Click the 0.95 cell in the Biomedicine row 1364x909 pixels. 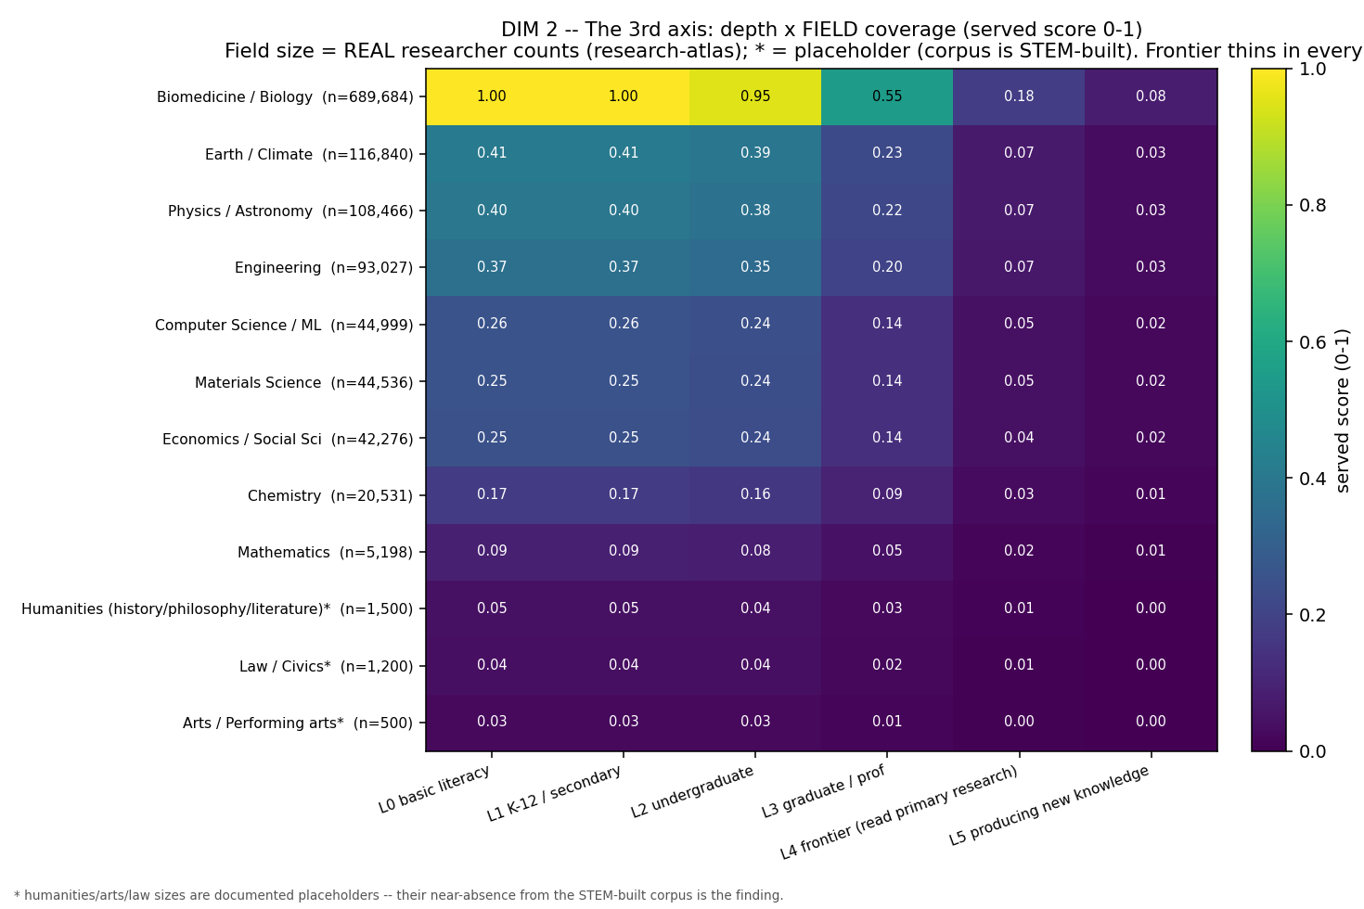tap(755, 96)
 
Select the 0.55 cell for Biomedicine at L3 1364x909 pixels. tap(887, 96)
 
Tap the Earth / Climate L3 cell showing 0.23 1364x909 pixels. tap(887, 153)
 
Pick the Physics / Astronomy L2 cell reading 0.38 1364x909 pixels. tap(755, 210)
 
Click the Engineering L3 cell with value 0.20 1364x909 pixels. tap(887, 267)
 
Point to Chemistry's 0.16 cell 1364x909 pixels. tap(755, 494)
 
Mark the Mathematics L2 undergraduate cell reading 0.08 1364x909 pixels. tap(755, 551)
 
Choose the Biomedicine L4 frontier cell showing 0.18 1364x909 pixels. tap(1019, 96)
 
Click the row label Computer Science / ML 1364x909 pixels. tap(284, 326)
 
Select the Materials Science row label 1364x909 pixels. tap(303, 382)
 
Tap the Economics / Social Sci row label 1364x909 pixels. tap(288, 439)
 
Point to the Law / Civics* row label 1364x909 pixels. tap(326, 667)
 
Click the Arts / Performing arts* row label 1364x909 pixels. tap(298, 723)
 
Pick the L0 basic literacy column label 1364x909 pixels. tap(434, 789)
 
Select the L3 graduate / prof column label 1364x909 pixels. tap(823, 791)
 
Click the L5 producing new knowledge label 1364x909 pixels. tap(1049, 805)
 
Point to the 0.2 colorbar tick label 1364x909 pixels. tap(1312, 615)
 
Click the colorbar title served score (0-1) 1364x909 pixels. tap(1343, 410)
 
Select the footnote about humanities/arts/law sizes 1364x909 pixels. tap(398, 895)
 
